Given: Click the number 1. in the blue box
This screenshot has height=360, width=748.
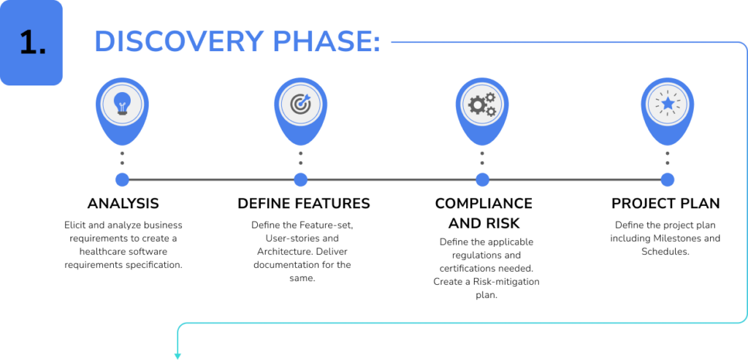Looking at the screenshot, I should coord(31,44).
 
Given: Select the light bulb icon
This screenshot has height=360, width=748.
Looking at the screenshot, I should coord(122,105).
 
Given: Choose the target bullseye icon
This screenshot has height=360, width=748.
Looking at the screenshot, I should coord(300,105).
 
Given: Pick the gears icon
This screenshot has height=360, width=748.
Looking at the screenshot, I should coord(481,105).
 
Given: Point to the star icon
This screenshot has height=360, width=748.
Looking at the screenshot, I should coord(667,105).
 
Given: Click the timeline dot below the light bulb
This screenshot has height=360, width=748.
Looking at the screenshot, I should coord(122,180).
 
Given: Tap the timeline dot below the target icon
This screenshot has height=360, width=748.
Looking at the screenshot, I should coord(300,180).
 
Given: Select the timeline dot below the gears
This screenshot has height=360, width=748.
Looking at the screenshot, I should coord(482,180).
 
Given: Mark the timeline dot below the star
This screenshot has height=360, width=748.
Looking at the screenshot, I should coord(667,180).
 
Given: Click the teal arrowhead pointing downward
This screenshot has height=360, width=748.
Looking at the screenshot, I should coord(178,356).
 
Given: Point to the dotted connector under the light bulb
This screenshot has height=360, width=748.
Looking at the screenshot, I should coord(122,158).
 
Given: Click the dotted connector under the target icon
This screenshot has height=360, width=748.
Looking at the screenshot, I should coord(300,158).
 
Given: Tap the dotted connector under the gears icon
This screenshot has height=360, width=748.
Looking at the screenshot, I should coord(482,158).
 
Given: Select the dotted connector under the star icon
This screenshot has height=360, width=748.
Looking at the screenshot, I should coord(667,158).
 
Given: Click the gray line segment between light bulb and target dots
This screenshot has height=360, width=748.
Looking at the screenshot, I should coord(211,180).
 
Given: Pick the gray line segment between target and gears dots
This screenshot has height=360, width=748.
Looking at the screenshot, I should coord(391,180).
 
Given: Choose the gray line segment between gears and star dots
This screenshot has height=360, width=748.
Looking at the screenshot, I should coord(574,180).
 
